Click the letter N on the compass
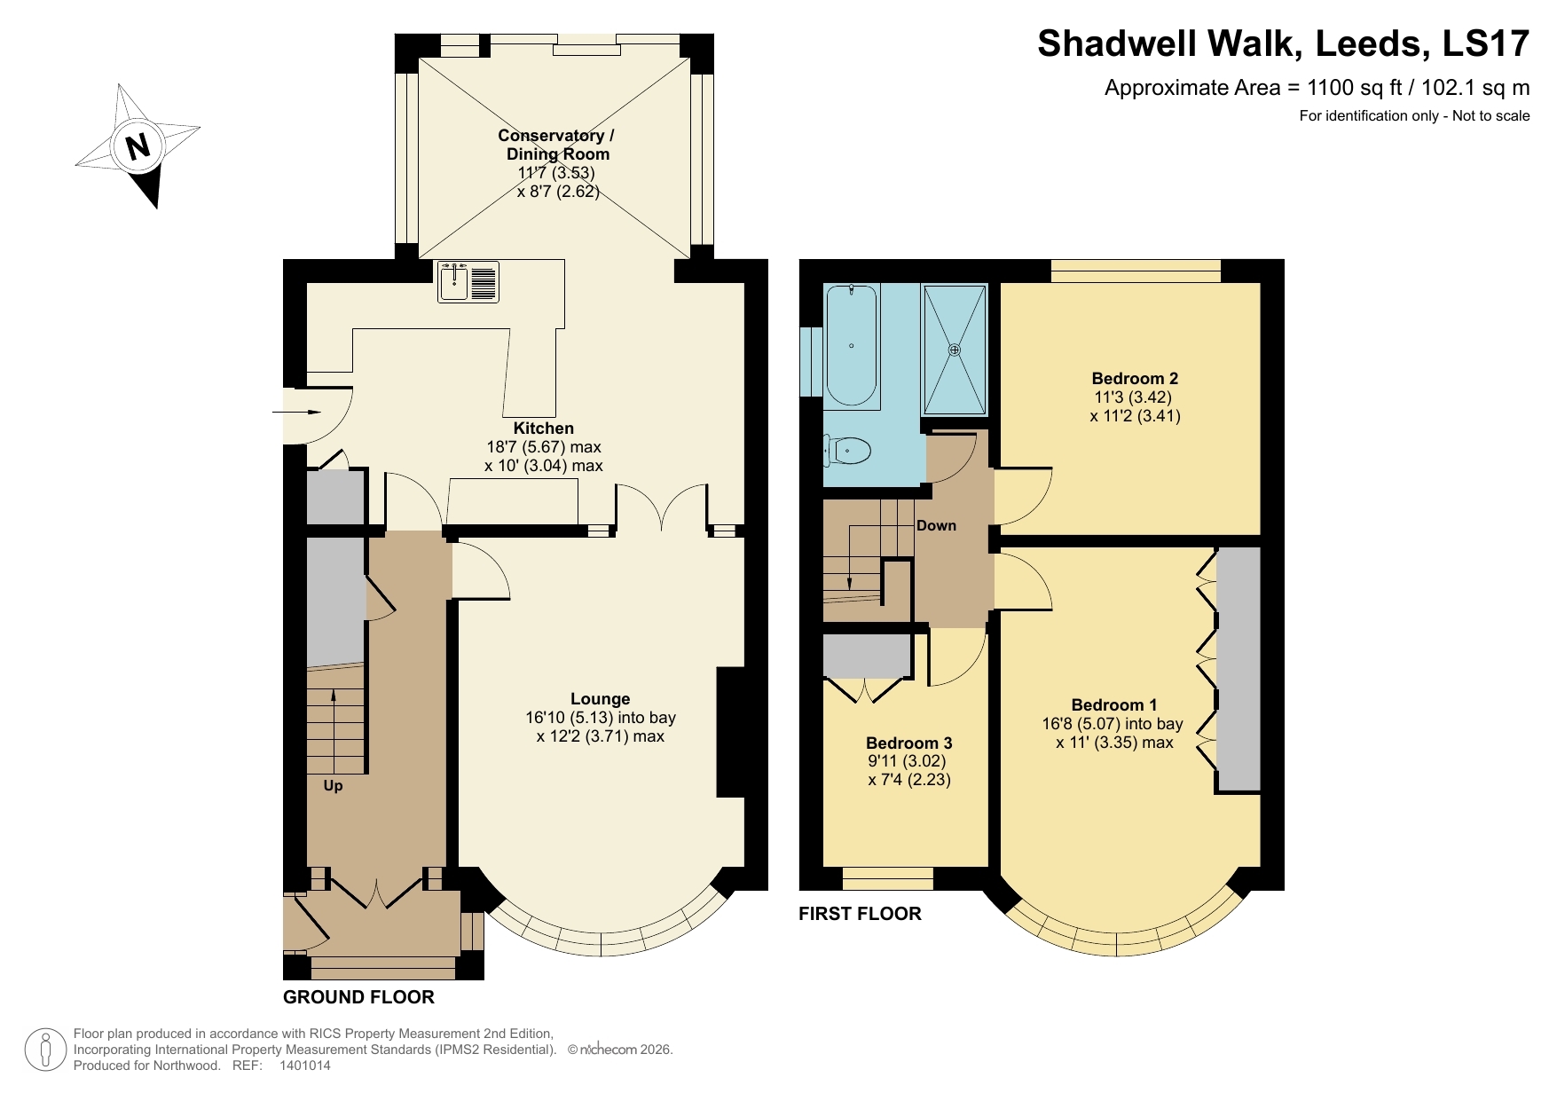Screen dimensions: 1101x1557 coord(138,145)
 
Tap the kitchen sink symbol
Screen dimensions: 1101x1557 coord(468,281)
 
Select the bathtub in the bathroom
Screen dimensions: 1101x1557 coord(852,346)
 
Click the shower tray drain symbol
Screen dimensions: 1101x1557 coord(955,350)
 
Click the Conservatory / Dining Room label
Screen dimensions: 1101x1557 coord(556,145)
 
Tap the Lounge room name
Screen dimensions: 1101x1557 coord(600,699)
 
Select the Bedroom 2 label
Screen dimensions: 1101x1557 coord(1135,379)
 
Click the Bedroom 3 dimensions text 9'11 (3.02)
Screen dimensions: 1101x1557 coord(907,761)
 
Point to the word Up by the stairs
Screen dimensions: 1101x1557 coord(333,786)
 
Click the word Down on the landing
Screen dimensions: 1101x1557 coord(936,525)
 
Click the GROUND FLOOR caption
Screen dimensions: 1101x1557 coord(358,997)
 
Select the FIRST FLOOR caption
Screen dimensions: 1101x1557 coord(860,914)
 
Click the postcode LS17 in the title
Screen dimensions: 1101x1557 coord(1486,43)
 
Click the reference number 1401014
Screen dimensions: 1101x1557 coord(304,1066)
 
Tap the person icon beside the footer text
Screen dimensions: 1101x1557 coord(45,1050)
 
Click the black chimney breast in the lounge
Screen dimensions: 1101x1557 coord(730,732)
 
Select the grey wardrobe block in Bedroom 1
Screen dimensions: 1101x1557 coord(1238,668)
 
